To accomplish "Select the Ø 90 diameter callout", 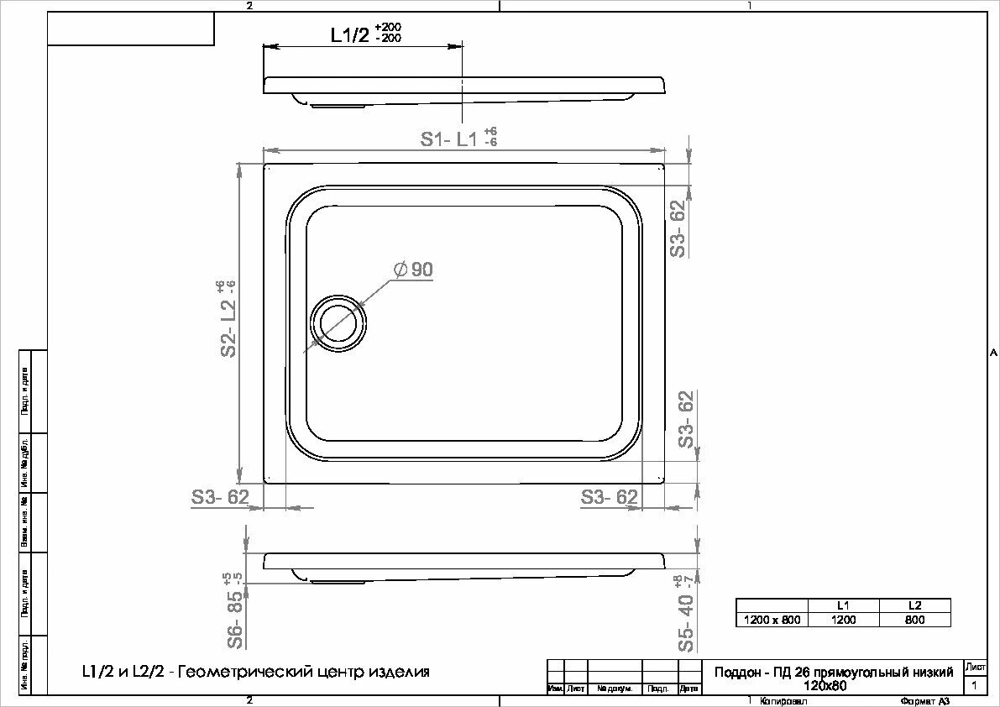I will click(x=413, y=270).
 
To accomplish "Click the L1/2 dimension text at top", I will click(x=350, y=35).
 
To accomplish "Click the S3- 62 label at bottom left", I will click(x=220, y=497).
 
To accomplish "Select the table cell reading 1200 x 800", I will click(x=772, y=621).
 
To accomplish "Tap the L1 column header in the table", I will click(x=843, y=605).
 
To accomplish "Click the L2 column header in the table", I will click(x=914, y=605).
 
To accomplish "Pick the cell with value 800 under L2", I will click(x=914, y=621).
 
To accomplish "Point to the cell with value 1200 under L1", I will click(x=843, y=621).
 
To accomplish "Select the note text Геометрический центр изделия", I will click(x=305, y=673).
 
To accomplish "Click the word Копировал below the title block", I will click(x=783, y=701).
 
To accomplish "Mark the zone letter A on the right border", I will click(x=993, y=353).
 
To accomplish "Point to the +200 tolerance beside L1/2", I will click(x=389, y=29).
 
